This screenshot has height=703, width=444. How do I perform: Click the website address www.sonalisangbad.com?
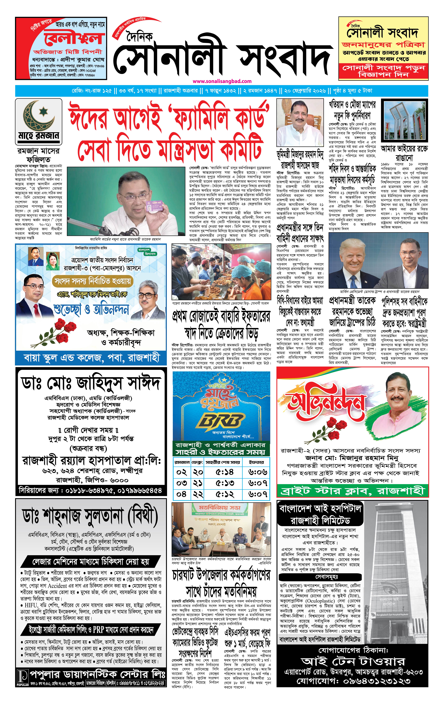click(x=222, y=81)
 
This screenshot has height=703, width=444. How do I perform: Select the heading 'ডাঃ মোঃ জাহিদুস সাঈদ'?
click(x=90, y=383)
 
